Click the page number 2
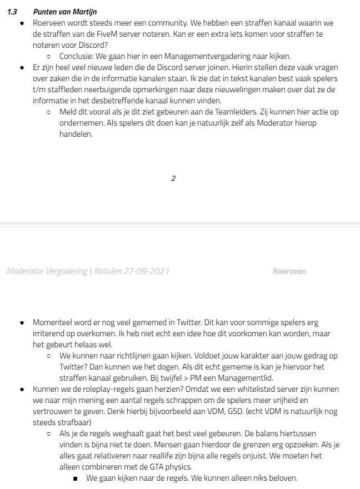pyautogui.click(x=173, y=178)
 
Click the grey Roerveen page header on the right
pyautogui.click(x=289, y=271)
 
